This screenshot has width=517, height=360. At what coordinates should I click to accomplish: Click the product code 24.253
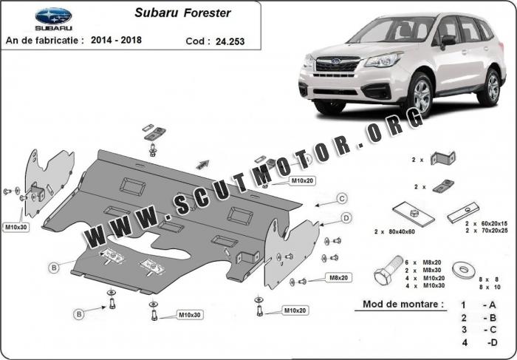pyautogui.click(x=230, y=41)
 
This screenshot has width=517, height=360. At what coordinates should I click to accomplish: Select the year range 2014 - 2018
pyautogui.click(x=116, y=40)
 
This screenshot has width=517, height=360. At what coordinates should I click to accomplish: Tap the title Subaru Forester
pyautogui.click(x=182, y=13)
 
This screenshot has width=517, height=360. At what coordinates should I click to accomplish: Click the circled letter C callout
pyautogui.click(x=342, y=199)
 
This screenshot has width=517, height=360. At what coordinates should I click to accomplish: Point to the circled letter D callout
pyautogui.click(x=346, y=218)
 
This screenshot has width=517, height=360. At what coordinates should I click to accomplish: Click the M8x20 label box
pyautogui.click(x=338, y=278)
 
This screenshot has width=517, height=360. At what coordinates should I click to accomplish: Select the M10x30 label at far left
pyautogui.click(x=16, y=227)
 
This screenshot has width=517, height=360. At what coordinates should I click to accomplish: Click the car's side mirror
pyautogui.click(x=448, y=41)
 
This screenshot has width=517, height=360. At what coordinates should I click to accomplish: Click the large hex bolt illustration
pyautogui.click(x=388, y=270)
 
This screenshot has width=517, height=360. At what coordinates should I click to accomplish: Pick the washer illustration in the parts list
pyautogui.click(x=464, y=270)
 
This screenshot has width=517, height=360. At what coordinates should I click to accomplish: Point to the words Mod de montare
pyautogui.click(x=403, y=304)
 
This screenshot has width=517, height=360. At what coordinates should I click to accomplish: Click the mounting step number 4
pyautogui.click(x=465, y=342)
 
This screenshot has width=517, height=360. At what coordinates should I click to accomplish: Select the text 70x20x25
pyautogui.click(x=494, y=231)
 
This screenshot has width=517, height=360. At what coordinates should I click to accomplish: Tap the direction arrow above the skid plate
pyautogui.click(x=203, y=164)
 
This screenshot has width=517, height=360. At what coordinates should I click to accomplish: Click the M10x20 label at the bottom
pyautogui.click(x=295, y=310)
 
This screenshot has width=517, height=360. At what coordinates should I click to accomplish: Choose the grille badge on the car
pyautogui.click(x=335, y=61)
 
